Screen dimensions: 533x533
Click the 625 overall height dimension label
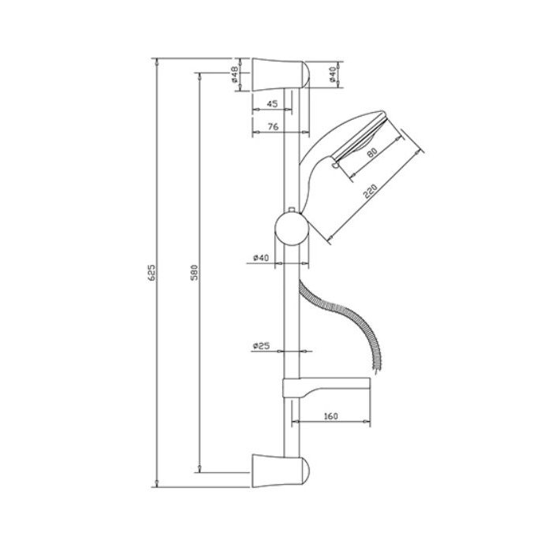(x=153, y=272)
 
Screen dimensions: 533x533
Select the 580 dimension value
(x=194, y=272)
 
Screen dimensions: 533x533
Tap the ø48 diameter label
(x=234, y=75)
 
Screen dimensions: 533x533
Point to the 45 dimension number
(x=272, y=103)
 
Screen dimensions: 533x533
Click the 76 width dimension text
(x=273, y=126)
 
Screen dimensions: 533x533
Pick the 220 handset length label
(x=371, y=191)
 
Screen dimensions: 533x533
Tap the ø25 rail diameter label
(x=262, y=346)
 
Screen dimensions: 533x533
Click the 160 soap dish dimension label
(x=331, y=416)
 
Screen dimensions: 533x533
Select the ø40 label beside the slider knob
(x=261, y=258)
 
